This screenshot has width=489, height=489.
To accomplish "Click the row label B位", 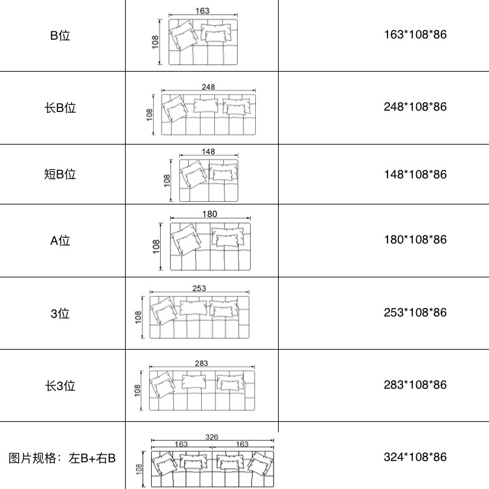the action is click(60, 36).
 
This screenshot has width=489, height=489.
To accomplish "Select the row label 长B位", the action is click(60, 108).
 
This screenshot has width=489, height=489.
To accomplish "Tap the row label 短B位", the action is click(60, 174).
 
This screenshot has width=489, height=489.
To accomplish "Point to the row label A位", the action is click(60, 241).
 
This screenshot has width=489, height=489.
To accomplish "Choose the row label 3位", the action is click(60, 313).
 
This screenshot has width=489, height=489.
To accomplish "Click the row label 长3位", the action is click(60, 386).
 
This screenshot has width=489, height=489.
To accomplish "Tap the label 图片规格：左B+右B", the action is click(62, 458).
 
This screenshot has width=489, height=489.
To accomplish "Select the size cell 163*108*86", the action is click(415, 35).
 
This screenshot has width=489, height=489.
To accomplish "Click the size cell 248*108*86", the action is click(415, 107).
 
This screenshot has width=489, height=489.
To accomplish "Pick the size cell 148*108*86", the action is click(415, 175).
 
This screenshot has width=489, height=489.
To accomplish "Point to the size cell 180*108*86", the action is click(415, 240).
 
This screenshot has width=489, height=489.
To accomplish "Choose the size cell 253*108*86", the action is click(415, 313).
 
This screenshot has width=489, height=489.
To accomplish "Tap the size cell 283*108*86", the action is click(415, 385).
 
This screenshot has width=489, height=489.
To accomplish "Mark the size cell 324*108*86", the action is click(415, 457).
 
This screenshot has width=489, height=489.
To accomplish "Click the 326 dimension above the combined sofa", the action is click(212, 437).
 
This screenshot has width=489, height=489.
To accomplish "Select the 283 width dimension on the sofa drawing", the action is click(201, 363).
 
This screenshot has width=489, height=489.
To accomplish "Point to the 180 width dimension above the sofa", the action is click(210, 214).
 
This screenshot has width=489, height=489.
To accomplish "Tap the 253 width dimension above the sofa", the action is click(199, 288).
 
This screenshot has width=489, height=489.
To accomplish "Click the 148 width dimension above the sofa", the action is click(208, 152).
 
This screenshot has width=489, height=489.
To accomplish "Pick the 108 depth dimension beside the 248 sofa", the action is click(149, 115).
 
